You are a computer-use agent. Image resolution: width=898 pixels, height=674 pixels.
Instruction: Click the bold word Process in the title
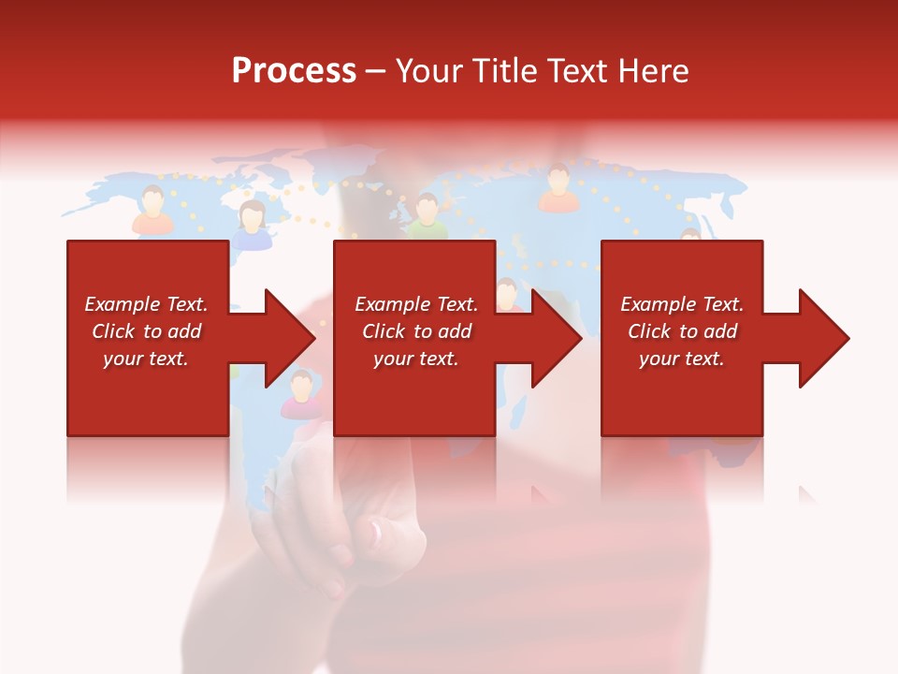[294, 71]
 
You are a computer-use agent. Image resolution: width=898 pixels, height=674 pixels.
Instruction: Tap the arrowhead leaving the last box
[822, 338]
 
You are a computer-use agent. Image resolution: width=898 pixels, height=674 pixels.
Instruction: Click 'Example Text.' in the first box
[146, 304]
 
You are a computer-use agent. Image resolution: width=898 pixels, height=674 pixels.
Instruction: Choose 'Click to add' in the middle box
[416, 331]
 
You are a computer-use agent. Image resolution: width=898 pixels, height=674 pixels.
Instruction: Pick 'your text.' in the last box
[681, 359]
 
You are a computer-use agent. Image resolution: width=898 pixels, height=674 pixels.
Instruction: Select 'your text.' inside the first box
[146, 359]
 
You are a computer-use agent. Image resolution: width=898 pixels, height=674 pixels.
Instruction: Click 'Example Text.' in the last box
[681, 304]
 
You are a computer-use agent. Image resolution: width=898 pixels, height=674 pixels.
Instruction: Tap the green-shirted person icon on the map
[427, 216]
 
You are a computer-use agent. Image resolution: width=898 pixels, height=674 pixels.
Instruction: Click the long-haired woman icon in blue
[251, 225]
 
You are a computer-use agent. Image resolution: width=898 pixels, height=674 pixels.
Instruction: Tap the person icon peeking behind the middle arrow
[508, 294]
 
